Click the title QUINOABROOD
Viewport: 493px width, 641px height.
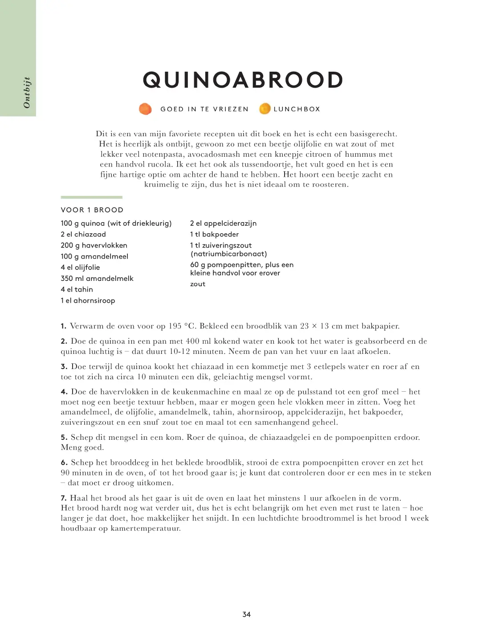[x=243, y=81]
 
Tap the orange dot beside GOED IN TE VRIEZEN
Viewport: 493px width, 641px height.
[x=145, y=109]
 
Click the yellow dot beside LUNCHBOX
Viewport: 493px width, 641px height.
[x=265, y=109]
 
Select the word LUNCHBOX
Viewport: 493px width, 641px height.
[x=297, y=109]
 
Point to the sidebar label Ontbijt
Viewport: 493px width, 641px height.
[x=27, y=93]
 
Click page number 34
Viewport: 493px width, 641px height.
[x=246, y=614]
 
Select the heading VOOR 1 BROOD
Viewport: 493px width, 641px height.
[x=92, y=210]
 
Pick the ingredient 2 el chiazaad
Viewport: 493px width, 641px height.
[x=83, y=234]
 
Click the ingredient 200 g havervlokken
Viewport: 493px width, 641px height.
[x=94, y=245]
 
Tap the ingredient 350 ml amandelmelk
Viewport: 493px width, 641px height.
[x=97, y=278]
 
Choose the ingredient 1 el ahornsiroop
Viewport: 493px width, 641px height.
[x=88, y=300]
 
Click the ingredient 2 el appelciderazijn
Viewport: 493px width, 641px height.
[x=223, y=223]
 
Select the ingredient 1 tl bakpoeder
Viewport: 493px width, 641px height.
[x=214, y=234]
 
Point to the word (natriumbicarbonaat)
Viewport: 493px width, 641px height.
[x=228, y=254]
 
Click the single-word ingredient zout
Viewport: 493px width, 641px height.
[x=198, y=284]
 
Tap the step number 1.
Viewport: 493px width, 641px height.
[x=63, y=326]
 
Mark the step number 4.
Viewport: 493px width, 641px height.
[x=64, y=392]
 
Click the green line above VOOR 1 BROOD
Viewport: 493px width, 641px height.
[x=91, y=197]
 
